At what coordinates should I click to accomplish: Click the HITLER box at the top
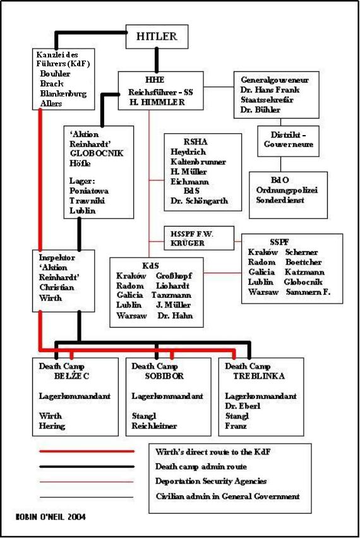click(x=157, y=37)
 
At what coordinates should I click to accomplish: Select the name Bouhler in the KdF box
click(x=55, y=74)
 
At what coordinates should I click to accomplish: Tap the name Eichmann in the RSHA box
click(x=189, y=182)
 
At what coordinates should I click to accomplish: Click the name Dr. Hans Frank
click(x=270, y=90)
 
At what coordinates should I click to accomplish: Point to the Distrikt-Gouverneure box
click(x=288, y=141)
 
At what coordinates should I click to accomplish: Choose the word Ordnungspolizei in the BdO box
click(x=287, y=190)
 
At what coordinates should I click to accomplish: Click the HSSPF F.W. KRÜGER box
click(x=199, y=238)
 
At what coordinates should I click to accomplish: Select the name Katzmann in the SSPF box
click(x=304, y=272)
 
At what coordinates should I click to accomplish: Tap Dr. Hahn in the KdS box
click(x=175, y=316)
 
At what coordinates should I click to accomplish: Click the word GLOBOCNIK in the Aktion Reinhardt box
click(x=96, y=153)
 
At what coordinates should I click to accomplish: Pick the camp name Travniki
click(x=87, y=201)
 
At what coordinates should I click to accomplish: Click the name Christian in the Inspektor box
click(x=56, y=287)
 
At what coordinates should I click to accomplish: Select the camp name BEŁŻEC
click(x=71, y=376)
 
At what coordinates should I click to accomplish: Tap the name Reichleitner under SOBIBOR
click(x=154, y=426)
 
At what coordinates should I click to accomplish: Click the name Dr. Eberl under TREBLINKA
click(x=243, y=406)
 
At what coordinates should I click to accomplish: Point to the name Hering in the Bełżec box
click(x=52, y=426)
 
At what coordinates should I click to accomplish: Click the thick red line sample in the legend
click(x=87, y=451)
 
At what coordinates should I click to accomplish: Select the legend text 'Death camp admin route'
click(x=201, y=466)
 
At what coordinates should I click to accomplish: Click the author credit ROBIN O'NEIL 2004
click(x=51, y=517)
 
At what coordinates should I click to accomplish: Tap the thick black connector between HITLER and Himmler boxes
click(x=157, y=60)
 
